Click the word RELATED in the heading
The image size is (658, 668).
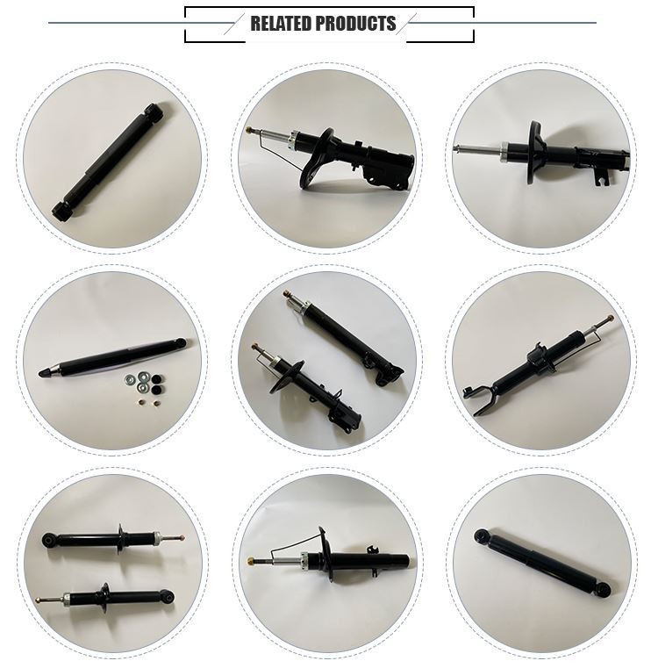click(281, 24)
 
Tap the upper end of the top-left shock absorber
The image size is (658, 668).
click(154, 112)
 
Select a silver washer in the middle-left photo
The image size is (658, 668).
click(132, 380)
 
